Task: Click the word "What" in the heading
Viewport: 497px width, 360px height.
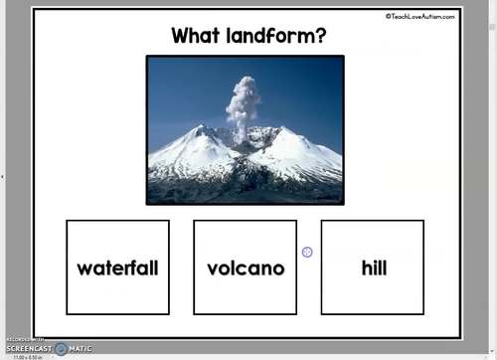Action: point(195,37)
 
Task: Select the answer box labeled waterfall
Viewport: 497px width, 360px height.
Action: point(117,267)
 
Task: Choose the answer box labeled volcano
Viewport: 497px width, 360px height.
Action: point(245,267)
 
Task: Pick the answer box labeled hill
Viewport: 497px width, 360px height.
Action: point(373,267)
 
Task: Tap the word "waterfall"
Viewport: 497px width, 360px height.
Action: point(117,269)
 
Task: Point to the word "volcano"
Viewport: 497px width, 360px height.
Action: point(245,269)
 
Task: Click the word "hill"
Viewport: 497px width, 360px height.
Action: point(373,269)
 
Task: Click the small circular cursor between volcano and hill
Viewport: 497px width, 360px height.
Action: point(307,253)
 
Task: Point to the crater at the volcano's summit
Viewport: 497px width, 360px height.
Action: point(245,136)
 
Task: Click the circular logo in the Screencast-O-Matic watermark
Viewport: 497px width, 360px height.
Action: point(61,349)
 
